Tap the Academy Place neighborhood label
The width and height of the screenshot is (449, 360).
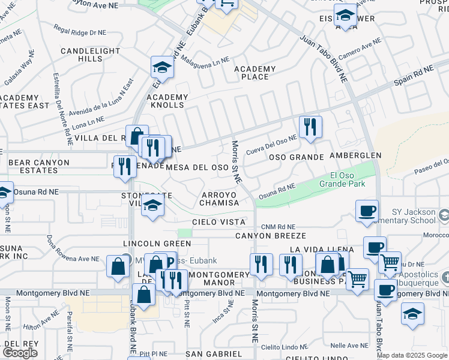click(255, 73)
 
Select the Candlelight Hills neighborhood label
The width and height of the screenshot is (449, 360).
click(90, 55)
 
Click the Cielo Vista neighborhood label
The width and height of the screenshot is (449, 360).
click(219, 222)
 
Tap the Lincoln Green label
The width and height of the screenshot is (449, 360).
click(157, 244)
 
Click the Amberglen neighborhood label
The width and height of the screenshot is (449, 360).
click(355, 155)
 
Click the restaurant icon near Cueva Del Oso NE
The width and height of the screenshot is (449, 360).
click(310, 127)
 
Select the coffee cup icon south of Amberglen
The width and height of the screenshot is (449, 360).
click(367, 211)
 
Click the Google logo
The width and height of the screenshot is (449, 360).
click(19, 352)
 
